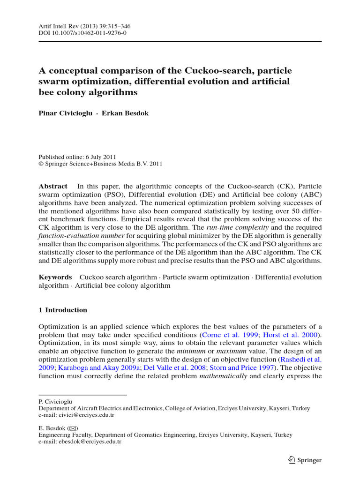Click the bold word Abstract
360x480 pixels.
[x=53, y=186]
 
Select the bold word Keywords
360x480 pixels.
[x=55, y=277]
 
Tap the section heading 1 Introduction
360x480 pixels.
[x=63, y=310]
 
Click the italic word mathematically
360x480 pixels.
[x=223, y=376]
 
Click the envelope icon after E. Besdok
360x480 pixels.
[x=73, y=428]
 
